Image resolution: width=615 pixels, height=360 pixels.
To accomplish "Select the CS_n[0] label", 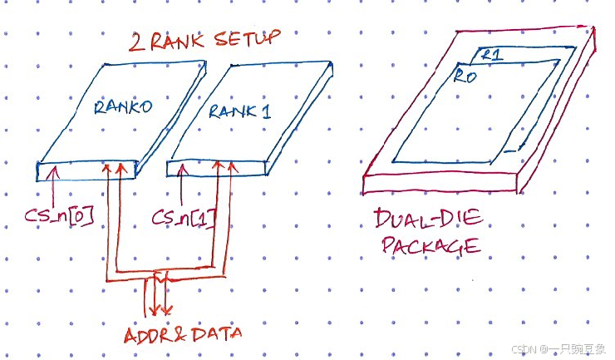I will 58,218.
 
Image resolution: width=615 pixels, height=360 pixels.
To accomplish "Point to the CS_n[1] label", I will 184,219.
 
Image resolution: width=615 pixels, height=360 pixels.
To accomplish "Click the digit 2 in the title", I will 135,41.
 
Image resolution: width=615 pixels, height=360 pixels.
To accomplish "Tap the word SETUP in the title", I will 246,38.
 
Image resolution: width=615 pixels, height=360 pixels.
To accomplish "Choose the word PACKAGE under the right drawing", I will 430,247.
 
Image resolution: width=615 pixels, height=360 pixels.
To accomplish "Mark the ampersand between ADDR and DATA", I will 183,334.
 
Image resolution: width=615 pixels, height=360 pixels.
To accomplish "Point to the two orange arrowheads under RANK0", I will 115,168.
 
